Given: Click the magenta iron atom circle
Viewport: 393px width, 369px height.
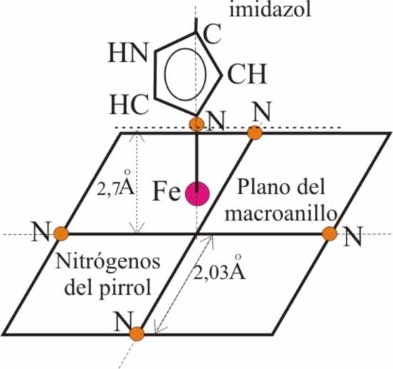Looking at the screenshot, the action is (196, 194).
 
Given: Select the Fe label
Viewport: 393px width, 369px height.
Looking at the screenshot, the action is (166, 191).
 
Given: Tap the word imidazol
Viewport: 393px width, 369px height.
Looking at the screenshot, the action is (270, 9).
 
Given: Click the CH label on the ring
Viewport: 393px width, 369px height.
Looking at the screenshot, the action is (247, 74).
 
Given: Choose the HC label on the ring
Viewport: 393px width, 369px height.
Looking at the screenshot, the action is (129, 105).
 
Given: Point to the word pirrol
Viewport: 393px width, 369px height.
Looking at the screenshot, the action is (126, 288).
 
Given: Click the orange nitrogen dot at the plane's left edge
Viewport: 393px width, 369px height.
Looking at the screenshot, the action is (61, 233).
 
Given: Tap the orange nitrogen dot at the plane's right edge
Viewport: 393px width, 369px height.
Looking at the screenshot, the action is (329, 234).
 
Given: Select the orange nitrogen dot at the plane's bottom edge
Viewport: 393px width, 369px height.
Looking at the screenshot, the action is (137, 333).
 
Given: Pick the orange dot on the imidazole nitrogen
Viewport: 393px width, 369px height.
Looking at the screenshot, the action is (196, 124).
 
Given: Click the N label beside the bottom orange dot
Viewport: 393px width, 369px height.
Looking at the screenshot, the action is (124, 321).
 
